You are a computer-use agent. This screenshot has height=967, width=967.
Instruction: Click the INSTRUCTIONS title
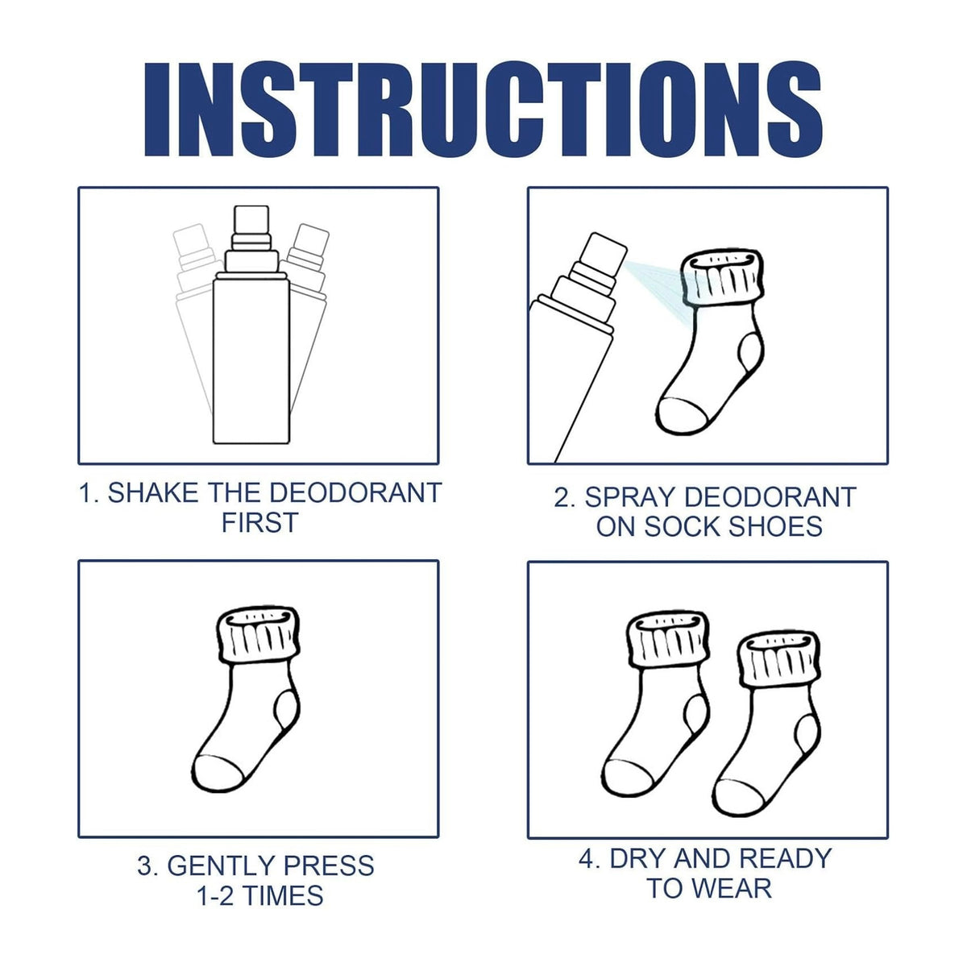(483, 110)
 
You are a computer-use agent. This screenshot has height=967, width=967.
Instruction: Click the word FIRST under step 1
(260, 524)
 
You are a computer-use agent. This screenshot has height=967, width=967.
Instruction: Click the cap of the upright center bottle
(251, 220)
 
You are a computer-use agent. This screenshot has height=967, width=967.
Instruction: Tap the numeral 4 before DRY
(586, 858)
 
